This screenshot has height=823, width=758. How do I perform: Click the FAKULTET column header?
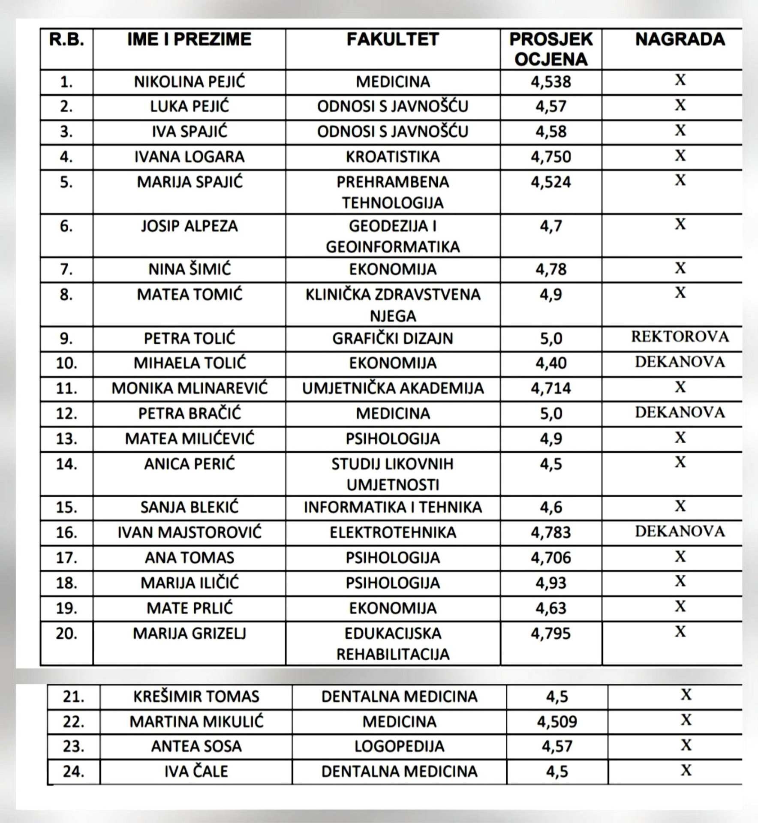point(392,40)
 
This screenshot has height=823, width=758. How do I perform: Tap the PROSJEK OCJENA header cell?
point(550,49)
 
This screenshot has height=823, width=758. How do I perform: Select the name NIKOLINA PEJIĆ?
point(189,82)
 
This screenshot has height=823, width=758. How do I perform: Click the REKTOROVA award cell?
point(680,337)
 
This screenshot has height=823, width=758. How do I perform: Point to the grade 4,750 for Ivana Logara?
point(550,157)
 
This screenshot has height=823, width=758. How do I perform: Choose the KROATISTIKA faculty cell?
point(392,157)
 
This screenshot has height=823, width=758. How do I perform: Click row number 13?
point(66,439)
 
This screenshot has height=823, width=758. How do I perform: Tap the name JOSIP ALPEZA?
point(189,226)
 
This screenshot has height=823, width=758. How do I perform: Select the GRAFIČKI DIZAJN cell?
point(392,339)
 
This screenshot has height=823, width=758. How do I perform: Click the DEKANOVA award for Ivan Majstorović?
point(680,532)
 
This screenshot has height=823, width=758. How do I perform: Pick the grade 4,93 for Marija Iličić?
point(550,583)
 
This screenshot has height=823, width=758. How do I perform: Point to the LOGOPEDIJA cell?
point(399,746)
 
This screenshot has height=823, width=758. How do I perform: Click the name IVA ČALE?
point(196,772)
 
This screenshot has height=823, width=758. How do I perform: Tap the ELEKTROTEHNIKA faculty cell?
point(392,532)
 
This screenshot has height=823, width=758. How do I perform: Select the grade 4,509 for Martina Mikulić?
point(557,721)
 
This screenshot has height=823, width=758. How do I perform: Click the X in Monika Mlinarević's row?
point(680,387)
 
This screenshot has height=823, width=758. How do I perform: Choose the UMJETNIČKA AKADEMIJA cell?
point(392,388)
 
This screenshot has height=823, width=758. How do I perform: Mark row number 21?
point(73,697)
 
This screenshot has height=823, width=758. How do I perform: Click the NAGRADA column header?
point(680,40)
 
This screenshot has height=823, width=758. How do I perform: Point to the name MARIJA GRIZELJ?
point(189,634)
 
